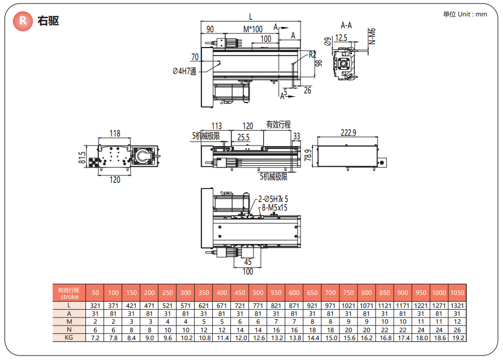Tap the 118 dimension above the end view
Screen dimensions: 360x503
pyautogui.click(x=115, y=134)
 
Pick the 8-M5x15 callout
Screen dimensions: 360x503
pyautogui.click(x=274, y=208)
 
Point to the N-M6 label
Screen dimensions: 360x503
pyautogui.click(x=372, y=36)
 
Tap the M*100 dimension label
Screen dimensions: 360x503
pyautogui.click(x=253, y=29)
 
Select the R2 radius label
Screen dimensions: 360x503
pyautogui.click(x=312, y=55)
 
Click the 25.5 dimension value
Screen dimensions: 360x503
pyautogui.click(x=244, y=137)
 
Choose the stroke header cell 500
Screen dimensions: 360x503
pyautogui.click(x=258, y=293)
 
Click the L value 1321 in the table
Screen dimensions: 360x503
pyautogui.click(x=457, y=306)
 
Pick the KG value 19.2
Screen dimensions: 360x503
pyautogui.click(x=457, y=337)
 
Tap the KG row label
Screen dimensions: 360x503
pyautogui.click(x=69, y=337)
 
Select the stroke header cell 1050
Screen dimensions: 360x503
pyautogui.click(x=457, y=293)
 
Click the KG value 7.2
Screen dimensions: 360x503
pyautogui.click(x=95, y=337)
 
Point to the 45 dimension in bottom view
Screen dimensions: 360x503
pyautogui.click(x=248, y=262)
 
